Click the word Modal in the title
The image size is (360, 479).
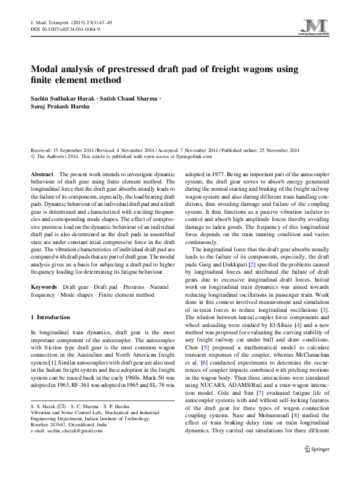pos(45,68)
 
